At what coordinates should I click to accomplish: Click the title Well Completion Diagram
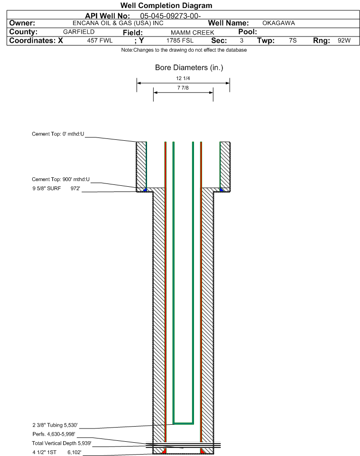coord(166,6)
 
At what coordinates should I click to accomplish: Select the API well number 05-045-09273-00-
coord(170,16)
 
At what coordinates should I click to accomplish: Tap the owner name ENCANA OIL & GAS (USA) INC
coord(118,23)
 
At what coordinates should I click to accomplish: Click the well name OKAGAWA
coord(278,23)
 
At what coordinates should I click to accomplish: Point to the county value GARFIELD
coord(79,32)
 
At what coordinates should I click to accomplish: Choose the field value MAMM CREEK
coord(193,33)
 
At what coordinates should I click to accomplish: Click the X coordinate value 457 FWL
coord(100,40)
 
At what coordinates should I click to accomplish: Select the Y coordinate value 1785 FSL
coord(180,40)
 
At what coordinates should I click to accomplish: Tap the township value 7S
coord(293,40)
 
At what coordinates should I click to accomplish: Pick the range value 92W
coord(344,40)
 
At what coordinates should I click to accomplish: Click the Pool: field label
coord(248,32)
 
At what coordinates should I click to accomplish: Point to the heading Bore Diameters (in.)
coord(189,67)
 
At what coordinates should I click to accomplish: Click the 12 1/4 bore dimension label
coord(183,78)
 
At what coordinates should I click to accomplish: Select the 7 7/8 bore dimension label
coord(183,88)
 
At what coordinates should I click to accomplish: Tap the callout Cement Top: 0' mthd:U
coord(58,134)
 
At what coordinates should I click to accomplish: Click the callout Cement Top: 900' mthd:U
coord(61,179)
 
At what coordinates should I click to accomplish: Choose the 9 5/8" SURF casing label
coord(46,189)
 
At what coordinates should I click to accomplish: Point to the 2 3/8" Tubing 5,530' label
coord(55,425)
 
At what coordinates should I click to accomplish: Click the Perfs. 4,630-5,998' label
coord(54,434)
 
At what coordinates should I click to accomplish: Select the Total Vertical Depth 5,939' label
coord(62,443)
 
